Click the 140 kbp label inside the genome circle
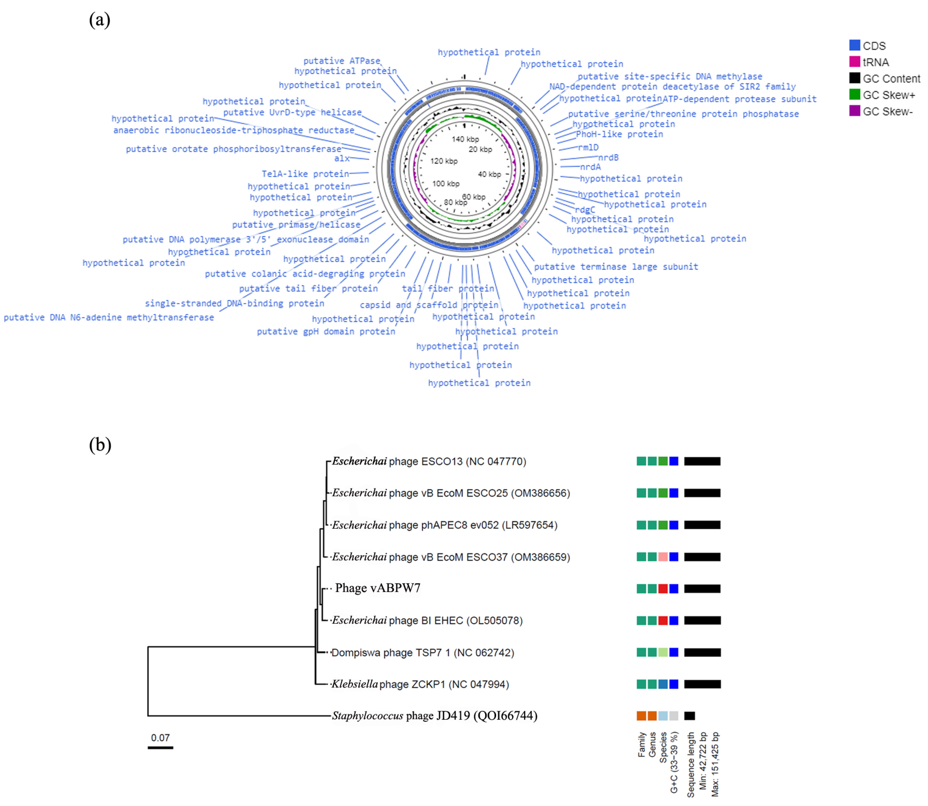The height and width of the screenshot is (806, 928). (465, 139)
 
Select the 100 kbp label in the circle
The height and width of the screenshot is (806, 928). (445, 184)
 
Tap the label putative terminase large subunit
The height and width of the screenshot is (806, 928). (616, 267)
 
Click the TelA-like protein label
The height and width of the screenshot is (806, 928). (305, 174)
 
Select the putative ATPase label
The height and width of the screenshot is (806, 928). (342, 61)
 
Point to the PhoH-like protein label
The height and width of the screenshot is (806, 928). (619, 134)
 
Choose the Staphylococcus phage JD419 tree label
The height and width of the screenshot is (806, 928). (434, 716)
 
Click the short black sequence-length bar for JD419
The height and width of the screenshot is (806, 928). (689, 716)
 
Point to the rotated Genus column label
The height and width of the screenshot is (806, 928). (652, 744)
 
